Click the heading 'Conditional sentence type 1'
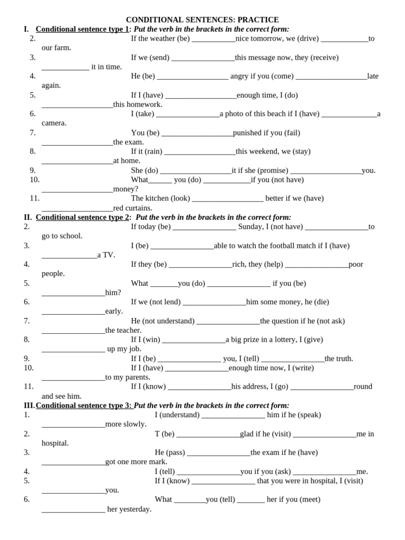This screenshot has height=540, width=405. click(82, 29)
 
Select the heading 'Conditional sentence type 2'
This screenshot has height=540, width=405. click(83, 217)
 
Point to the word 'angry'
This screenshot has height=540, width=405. click(239, 76)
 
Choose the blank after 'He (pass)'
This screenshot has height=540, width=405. click(218, 453)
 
